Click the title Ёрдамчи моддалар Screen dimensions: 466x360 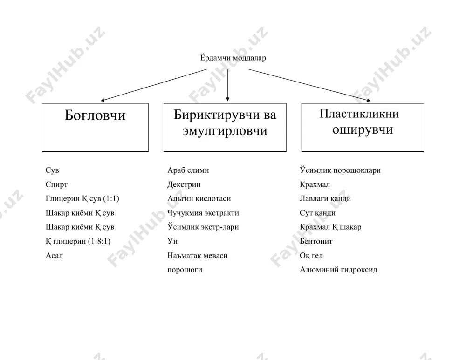coord(233,58)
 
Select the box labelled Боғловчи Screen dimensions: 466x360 coord(95,128)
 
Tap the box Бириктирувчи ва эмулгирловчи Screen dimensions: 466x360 coord(225,128)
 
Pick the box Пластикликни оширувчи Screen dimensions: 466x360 coord(363,128)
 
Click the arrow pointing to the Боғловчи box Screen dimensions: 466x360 coord(153,85)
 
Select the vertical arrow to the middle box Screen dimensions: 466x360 coord(228,85)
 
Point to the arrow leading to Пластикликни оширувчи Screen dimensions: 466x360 coord(310,85)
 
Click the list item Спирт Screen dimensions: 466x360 coord(56,184)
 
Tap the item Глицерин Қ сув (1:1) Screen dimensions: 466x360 coord(82,198)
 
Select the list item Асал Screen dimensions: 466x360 coord(54,255)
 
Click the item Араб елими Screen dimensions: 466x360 coord(188,170)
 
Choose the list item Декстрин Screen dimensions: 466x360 coord(184,184)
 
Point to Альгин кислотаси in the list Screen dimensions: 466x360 coord(199,198)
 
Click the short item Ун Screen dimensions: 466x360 coord(172,241)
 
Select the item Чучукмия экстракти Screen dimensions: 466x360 coord(203,213)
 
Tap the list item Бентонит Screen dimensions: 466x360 coord(316,241)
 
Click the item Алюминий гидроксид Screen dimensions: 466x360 coord(338,269)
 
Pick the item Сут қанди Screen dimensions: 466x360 coord(317,213)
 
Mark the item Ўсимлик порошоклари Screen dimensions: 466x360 coord(340,170)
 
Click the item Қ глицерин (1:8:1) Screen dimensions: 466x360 coord(78,241)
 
